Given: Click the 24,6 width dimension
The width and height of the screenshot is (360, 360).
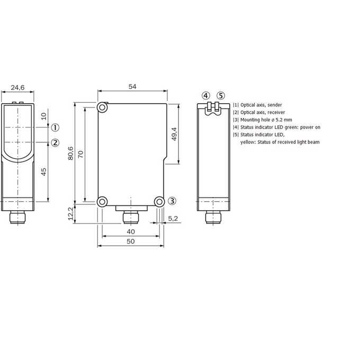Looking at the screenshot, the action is click(17, 87).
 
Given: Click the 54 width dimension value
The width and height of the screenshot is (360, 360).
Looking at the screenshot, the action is click(132, 86).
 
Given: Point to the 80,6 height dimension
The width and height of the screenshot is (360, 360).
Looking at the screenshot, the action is click(70, 153).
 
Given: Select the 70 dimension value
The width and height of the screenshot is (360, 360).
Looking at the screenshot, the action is click(80, 154).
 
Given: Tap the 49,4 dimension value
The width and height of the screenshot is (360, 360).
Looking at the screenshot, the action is click(174, 134).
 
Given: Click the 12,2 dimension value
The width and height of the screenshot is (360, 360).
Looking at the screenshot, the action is click(71, 213).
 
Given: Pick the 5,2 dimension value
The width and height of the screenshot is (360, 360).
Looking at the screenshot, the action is click(173, 218).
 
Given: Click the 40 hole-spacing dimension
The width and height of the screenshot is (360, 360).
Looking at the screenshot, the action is click(131, 232).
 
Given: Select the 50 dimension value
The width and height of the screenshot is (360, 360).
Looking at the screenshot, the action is click(131, 241).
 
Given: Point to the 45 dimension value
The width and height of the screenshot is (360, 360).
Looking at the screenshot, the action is click(43, 172).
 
